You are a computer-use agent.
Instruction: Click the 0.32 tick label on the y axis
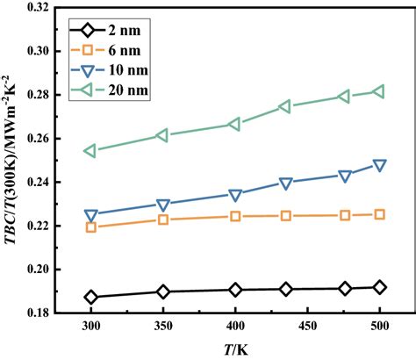[51, 7]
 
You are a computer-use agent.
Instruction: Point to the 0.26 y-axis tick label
[51, 138]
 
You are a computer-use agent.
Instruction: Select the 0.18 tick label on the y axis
[51, 313]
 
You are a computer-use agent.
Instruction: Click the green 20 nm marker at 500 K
[379, 91]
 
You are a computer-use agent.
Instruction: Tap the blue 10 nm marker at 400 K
[235, 194]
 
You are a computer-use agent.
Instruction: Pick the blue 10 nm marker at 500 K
[379, 164]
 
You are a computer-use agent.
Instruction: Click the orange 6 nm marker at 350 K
[163, 219]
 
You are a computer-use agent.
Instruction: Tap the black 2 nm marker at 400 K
[235, 290]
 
